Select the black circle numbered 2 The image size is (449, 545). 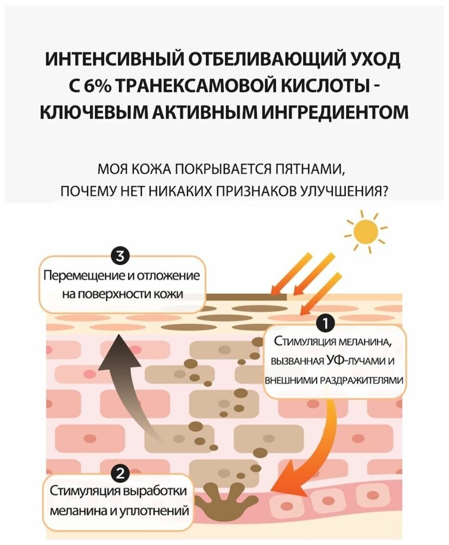(x=121, y=473)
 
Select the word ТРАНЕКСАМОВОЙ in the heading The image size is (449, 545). (x=193, y=86)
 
